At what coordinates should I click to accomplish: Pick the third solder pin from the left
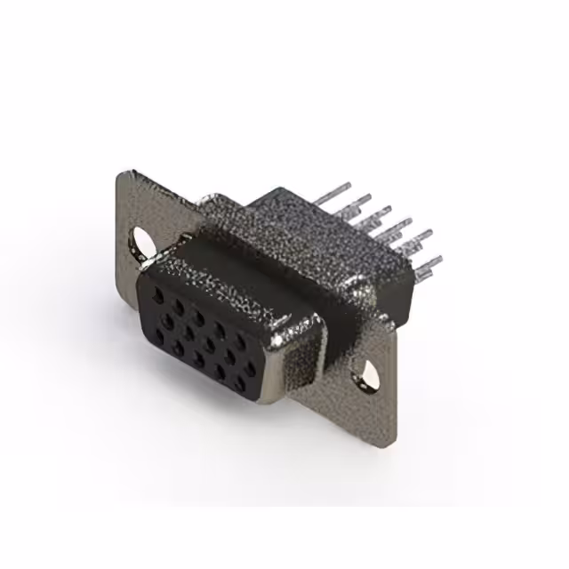(380, 213)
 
